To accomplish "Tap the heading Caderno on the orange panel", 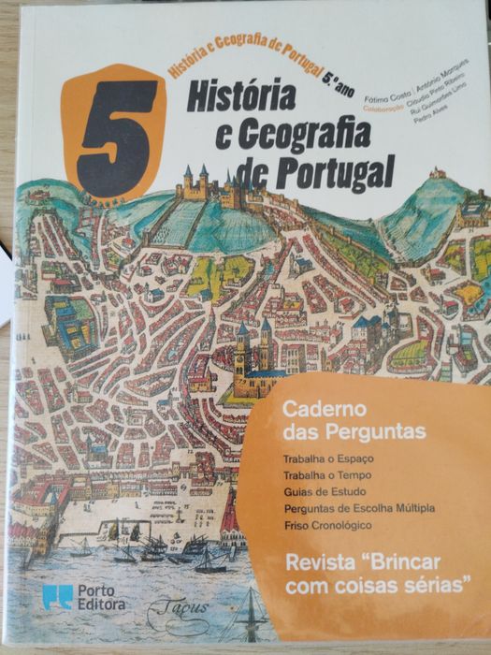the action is pos(312,409).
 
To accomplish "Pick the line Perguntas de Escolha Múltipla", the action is pos(356,509).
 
